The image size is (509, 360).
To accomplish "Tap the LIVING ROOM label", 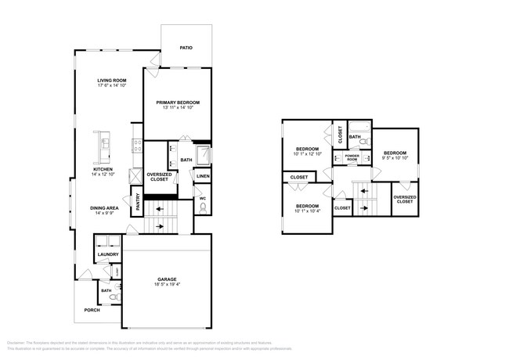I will (112, 81).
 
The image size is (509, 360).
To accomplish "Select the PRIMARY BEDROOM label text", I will (177, 103).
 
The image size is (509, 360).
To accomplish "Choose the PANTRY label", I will (138, 202).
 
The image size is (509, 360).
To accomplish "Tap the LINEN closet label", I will (203, 176).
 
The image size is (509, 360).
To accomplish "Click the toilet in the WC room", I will (204, 208).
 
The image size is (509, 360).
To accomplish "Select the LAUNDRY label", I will (107, 254).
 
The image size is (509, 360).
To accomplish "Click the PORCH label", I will (92, 310).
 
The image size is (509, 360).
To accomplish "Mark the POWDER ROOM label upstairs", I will (352, 157).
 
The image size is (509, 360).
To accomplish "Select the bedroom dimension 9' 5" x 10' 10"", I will (395, 157).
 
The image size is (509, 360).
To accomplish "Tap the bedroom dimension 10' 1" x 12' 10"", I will (307, 153).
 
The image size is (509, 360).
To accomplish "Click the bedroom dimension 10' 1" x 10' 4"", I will (307, 210).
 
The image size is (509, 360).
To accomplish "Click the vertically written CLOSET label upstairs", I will (340, 135).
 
